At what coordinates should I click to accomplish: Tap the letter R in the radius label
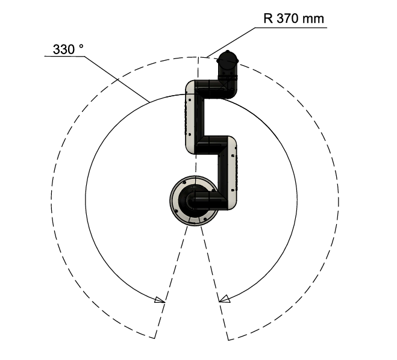(x=268, y=19)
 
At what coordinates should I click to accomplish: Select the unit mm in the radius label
(x=313, y=19)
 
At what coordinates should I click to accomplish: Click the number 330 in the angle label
(x=63, y=49)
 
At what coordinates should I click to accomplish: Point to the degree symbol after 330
(x=81, y=46)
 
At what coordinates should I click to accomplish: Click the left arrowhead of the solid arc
(x=160, y=300)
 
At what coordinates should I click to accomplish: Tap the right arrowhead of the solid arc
(x=224, y=299)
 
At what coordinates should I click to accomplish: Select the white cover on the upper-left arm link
(x=190, y=117)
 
